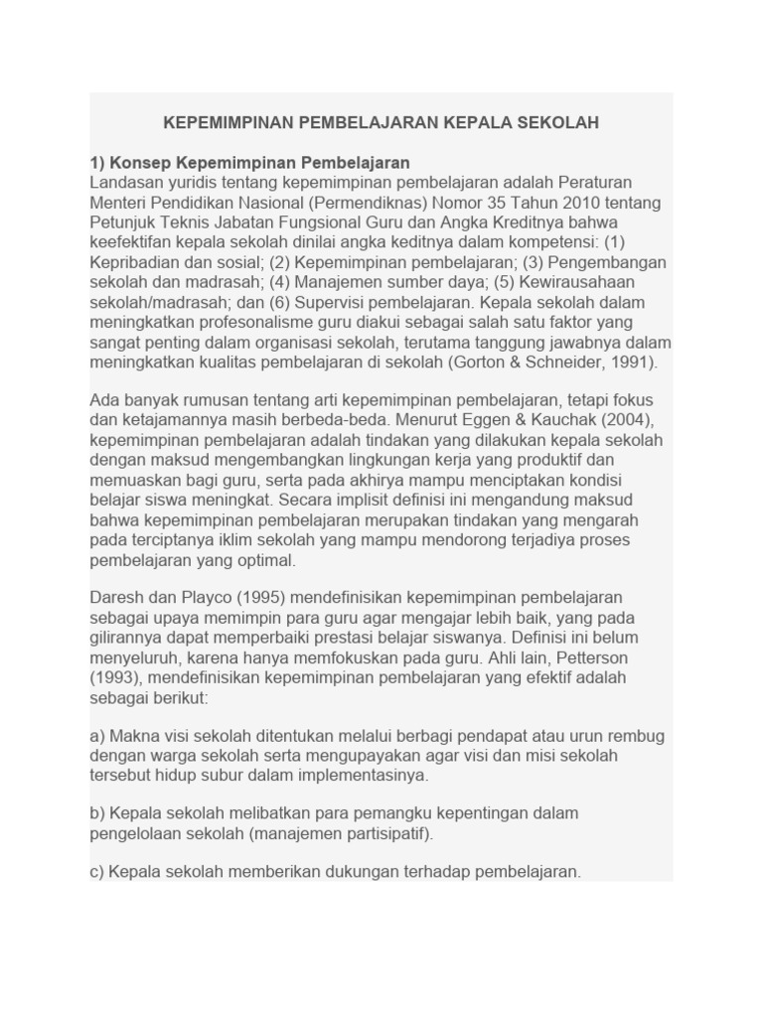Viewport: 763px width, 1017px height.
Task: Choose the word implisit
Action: (x=372, y=500)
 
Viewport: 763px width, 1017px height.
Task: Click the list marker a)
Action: (x=98, y=736)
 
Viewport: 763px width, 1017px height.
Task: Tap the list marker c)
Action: (x=97, y=871)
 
